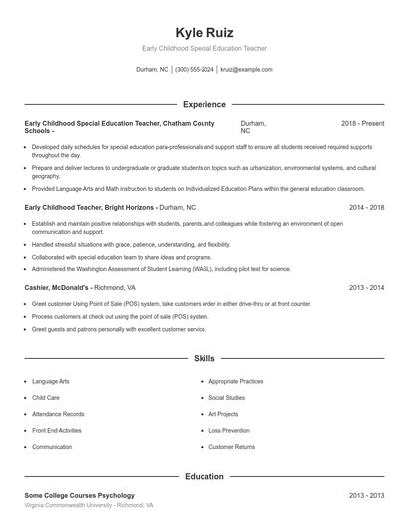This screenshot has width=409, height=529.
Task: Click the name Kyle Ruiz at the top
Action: tap(204, 32)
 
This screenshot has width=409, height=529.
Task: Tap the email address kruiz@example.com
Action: tap(246, 70)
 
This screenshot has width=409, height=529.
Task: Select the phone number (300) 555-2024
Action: tap(194, 70)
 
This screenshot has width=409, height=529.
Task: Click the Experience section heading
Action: tap(204, 104)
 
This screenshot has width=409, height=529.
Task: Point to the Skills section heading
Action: tap(204, 358)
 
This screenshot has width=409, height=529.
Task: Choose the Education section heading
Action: tap(204, 477)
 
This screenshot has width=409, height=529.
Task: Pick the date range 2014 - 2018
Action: tap(366, 207)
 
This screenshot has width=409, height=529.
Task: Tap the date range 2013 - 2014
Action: tap(366, 287)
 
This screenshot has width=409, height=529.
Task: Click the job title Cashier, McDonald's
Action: tap(57, 287)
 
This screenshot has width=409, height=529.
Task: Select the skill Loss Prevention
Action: tap(229, 430)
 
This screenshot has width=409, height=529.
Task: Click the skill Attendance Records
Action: tap(58, 414)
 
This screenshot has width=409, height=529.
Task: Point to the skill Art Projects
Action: tap(224, 414)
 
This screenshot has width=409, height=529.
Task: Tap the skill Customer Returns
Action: tap(232, 447)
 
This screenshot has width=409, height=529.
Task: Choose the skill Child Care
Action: tap(46, 397)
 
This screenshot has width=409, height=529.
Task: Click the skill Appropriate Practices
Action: tap(236, 381)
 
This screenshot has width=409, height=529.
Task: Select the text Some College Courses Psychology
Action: tap(79, 496)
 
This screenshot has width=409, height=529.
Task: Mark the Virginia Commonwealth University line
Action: tap(89, 506)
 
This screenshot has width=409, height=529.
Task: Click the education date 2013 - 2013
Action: tap(366, 496)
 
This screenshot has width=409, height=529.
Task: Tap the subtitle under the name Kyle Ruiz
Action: tap(204, 48)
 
